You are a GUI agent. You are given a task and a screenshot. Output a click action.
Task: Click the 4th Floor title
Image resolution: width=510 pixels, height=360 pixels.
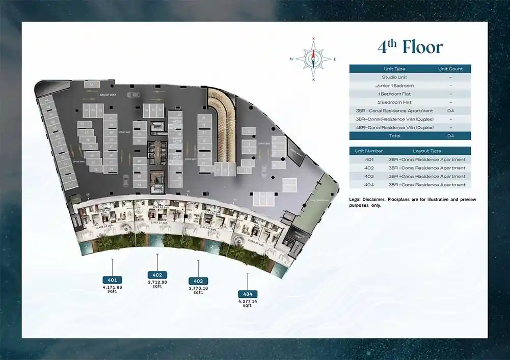pyautogui.click(x=410, y=47)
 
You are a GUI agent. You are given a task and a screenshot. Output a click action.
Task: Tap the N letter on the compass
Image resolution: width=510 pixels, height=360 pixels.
pyautogui.click(x=313, y=39)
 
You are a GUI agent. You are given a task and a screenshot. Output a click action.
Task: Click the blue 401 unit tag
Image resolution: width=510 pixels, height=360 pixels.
pyautogui.click(x=112, y=280)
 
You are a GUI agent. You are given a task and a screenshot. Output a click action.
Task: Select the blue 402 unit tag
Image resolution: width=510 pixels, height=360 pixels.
pyautogui.click(x=157, y=275)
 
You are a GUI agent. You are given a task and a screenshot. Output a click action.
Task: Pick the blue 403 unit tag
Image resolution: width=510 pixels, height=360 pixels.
pyautogui.click(x=198, y=281)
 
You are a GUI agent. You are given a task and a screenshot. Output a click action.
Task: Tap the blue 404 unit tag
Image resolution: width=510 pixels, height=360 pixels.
pyautogui.click(x=248, y=294)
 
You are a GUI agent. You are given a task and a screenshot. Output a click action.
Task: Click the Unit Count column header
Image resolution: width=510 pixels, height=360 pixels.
pyautogui.click(x=450, y=69)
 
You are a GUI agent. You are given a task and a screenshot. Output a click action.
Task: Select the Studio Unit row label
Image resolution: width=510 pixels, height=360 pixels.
pyautogui.click(x=394, y=77)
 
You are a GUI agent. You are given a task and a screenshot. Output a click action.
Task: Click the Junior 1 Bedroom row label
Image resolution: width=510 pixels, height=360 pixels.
pyautogui.click(x=394, y=86)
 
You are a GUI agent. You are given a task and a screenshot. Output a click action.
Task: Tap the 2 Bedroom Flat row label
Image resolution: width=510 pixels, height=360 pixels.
pyautogui.click(x=394, y=102)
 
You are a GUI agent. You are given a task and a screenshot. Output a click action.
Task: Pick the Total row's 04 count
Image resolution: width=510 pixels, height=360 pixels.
pyautogui.click(x=450, y=136)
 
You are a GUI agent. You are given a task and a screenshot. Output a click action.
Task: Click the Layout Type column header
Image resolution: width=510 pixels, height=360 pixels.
pyautogui.click(x=426, y=151)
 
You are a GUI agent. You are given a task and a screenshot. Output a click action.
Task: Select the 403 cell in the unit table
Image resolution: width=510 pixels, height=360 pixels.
pyautogui.click(x=369, y=176)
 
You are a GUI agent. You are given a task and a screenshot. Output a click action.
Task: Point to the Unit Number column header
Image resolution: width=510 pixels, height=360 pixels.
pyautogui.click(x=369, y=151)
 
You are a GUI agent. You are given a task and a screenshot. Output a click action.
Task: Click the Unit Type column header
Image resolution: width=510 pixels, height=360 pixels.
pyautogui.click(x=394, y=69)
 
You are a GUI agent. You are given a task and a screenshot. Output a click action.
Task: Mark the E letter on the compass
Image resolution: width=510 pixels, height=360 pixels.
pyautogui.click(x=335, y=59)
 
